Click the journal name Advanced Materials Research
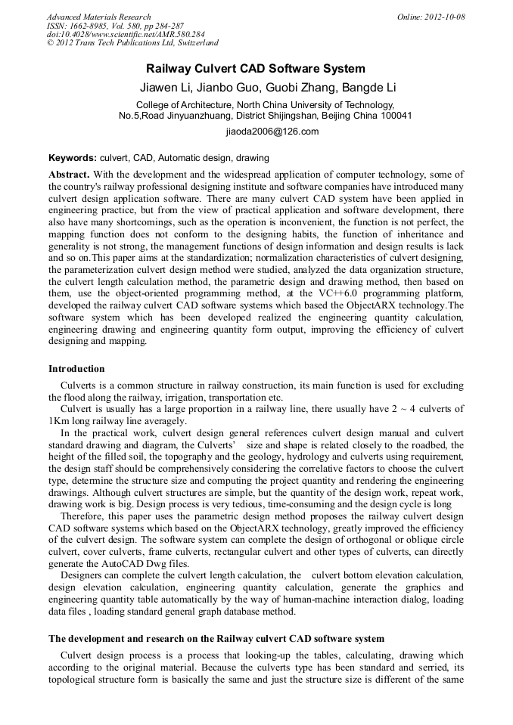tap(99, 17)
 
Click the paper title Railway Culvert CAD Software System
tap(256, 69)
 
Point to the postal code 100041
tap(393, 116)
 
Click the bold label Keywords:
tap(73, 158)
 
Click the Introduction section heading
tap(76, 369)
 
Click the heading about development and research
tap(216, 639)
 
